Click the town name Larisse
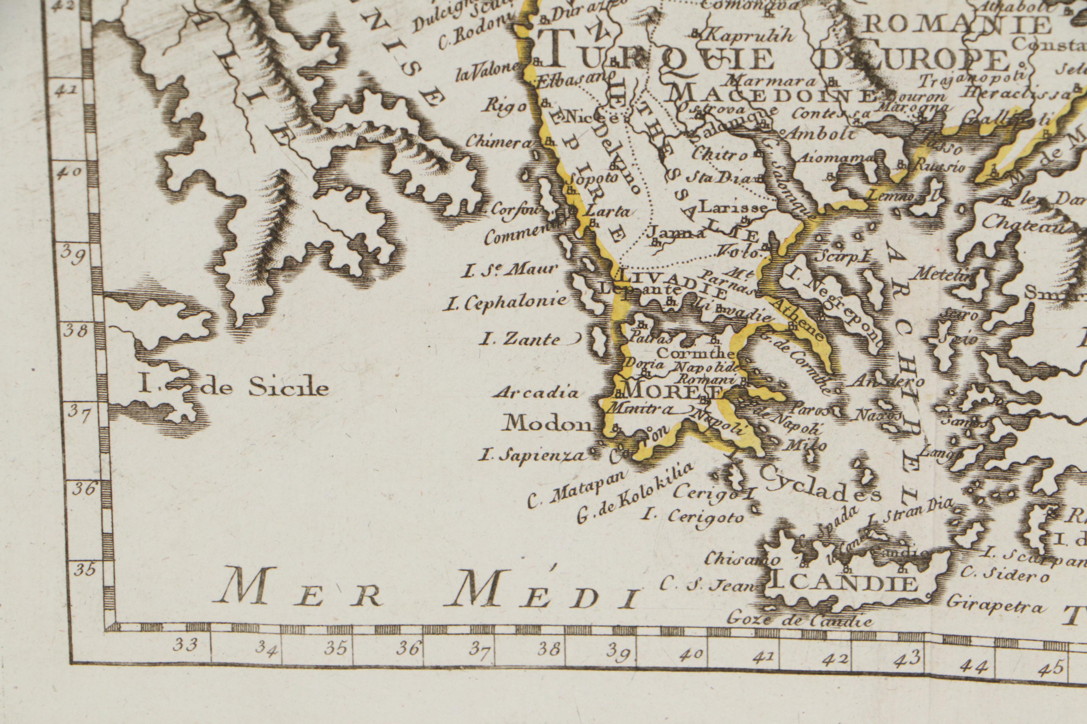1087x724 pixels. coord(733,207)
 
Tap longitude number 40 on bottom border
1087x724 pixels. coord(691,654)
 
